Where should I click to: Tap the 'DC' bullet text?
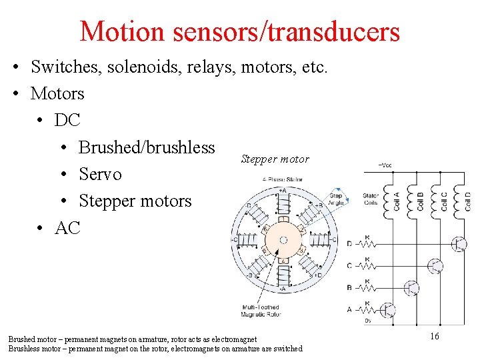[67, 120]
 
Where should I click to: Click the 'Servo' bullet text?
[100, 174]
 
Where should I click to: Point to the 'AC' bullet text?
[67, 228]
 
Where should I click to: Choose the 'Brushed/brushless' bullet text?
[147, 147]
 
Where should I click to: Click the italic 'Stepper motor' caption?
[275, 159]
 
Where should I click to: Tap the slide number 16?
[434, 337]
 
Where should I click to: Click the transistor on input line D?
[458, 245]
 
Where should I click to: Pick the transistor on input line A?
[387, 310]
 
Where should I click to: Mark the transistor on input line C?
[435, 266]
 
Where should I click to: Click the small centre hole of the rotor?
[283, 240]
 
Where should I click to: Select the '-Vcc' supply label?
[385, 163]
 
